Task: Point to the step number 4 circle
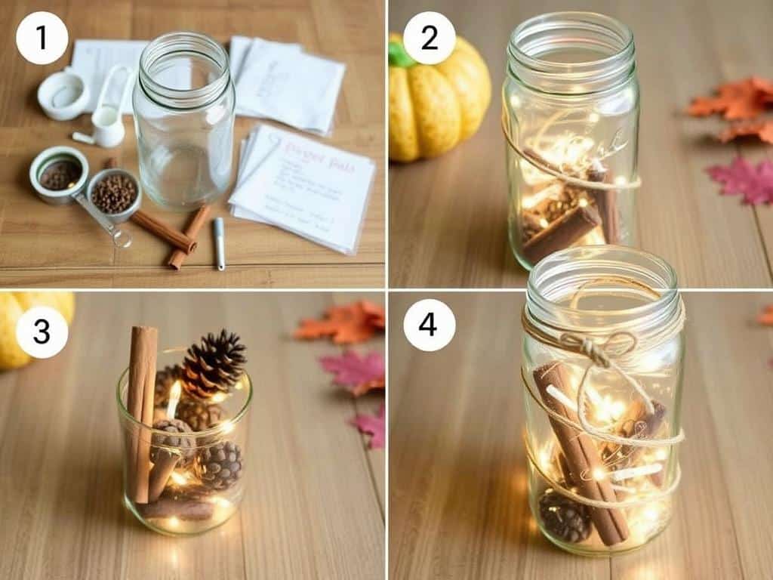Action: [x=429, y=325]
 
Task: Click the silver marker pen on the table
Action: [x=219, y=243]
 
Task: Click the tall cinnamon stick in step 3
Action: [x=141, y=408]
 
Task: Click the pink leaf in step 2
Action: [x=741, y=181]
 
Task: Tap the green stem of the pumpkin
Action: [x=400, y=53]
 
